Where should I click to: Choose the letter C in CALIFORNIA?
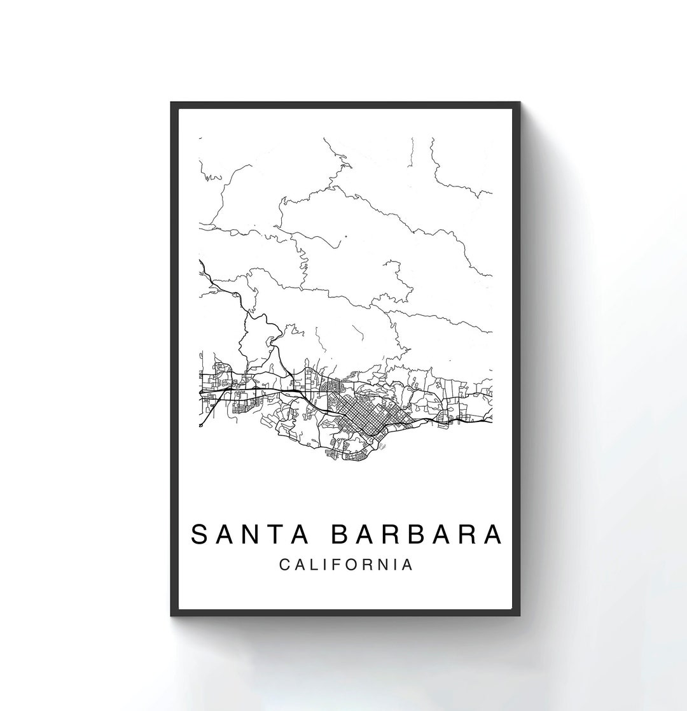[x=284, y=565]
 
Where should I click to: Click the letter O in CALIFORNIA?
[x=350, y=565]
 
